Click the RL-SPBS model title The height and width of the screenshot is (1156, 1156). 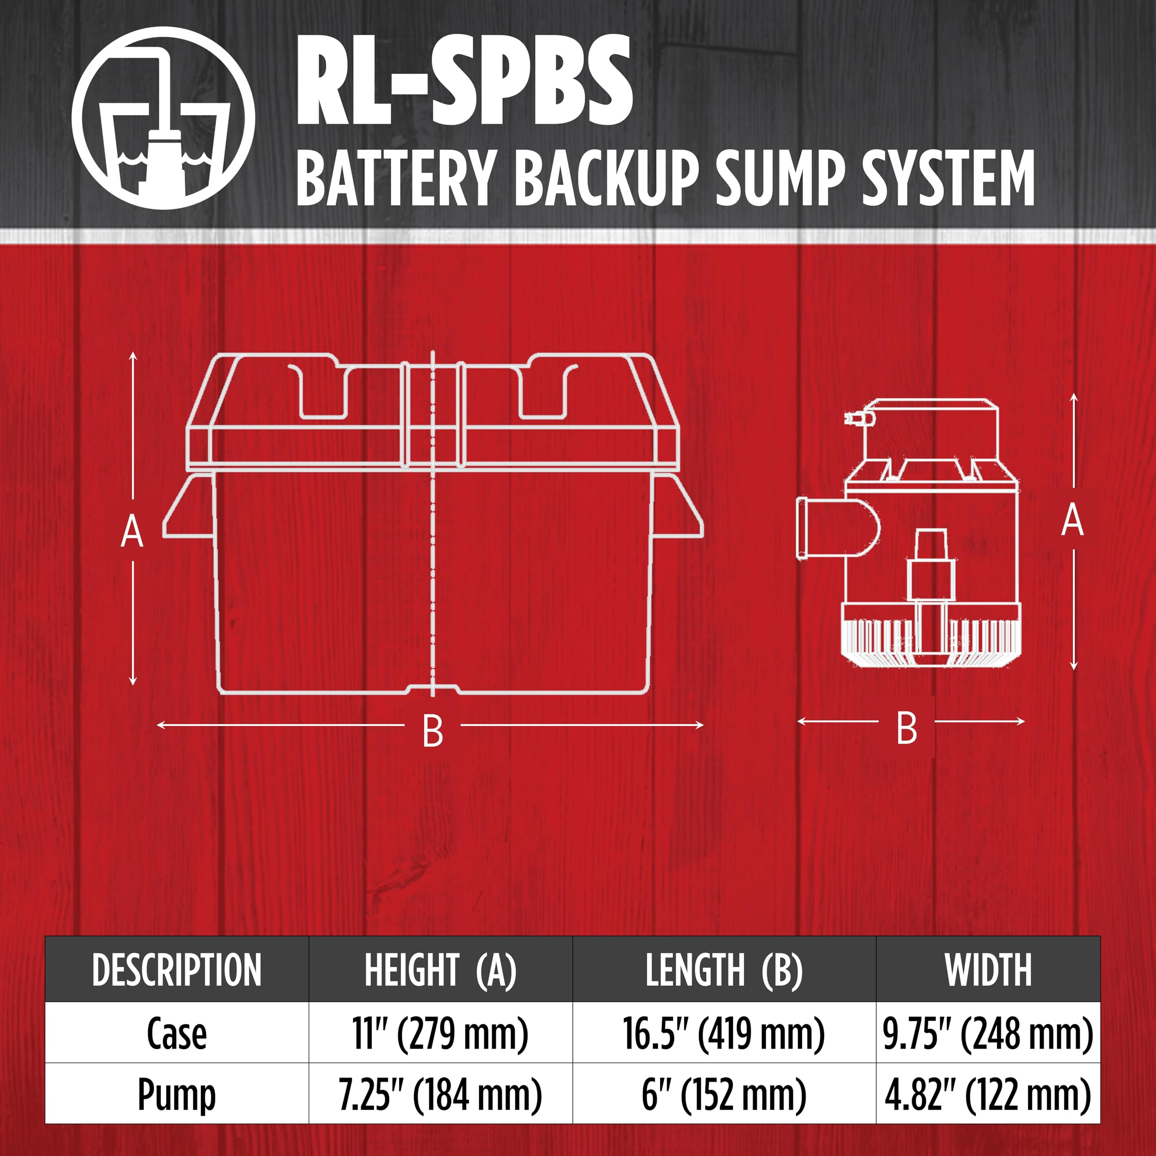464,80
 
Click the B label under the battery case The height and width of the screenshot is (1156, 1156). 433,731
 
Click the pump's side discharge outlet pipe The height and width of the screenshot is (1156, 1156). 838,529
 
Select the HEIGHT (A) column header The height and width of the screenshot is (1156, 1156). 440,970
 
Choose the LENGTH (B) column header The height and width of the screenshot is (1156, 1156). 724,970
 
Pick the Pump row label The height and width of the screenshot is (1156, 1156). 177,1095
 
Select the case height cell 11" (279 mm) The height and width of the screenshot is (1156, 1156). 440,1034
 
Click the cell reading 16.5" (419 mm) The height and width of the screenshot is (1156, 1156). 724,1034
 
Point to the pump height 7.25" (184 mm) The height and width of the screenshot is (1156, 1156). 440,1095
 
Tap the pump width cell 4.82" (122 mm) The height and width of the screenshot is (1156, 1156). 988,1095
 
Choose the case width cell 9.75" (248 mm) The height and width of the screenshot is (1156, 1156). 988,1034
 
